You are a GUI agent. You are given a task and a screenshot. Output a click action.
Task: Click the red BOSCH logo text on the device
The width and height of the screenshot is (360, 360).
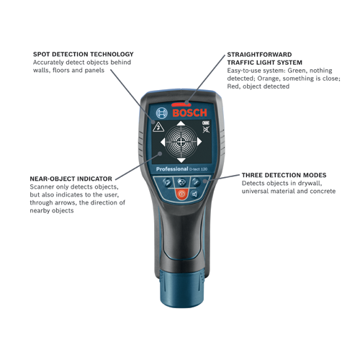click(189, 114)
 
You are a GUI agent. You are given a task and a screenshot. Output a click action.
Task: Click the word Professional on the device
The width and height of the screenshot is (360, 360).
click(171, 169)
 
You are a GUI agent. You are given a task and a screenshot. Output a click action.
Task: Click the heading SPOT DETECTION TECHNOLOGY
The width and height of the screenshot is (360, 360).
click(83, 54)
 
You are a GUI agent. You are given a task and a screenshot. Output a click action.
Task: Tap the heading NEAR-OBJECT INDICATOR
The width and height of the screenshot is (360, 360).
click(71, 178)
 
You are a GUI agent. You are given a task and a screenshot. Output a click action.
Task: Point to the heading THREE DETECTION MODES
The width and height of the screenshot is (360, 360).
click(284, 175)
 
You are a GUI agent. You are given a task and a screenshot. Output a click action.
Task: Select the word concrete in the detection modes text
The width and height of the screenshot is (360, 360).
click(320, 191)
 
